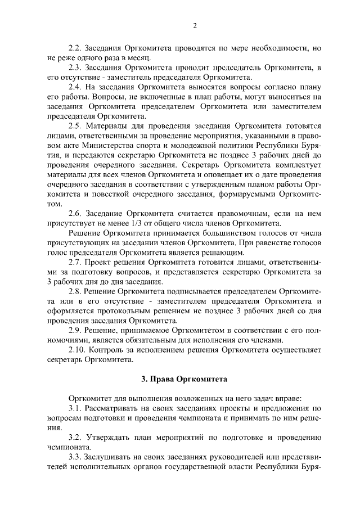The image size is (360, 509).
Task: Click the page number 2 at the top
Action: (195, 25)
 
